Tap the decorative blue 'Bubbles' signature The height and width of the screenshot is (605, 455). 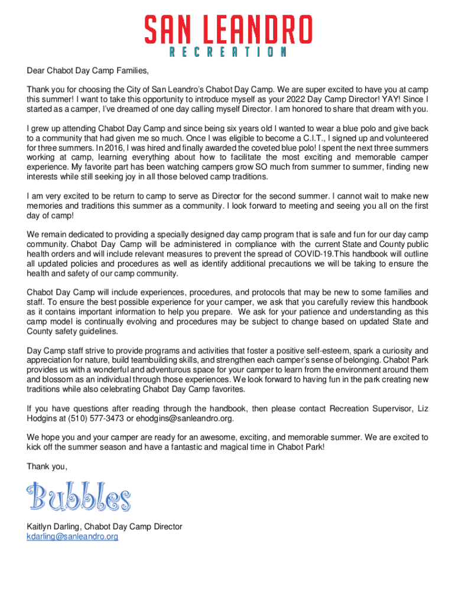(79, 497)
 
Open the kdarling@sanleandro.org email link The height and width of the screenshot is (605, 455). (72, 536)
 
